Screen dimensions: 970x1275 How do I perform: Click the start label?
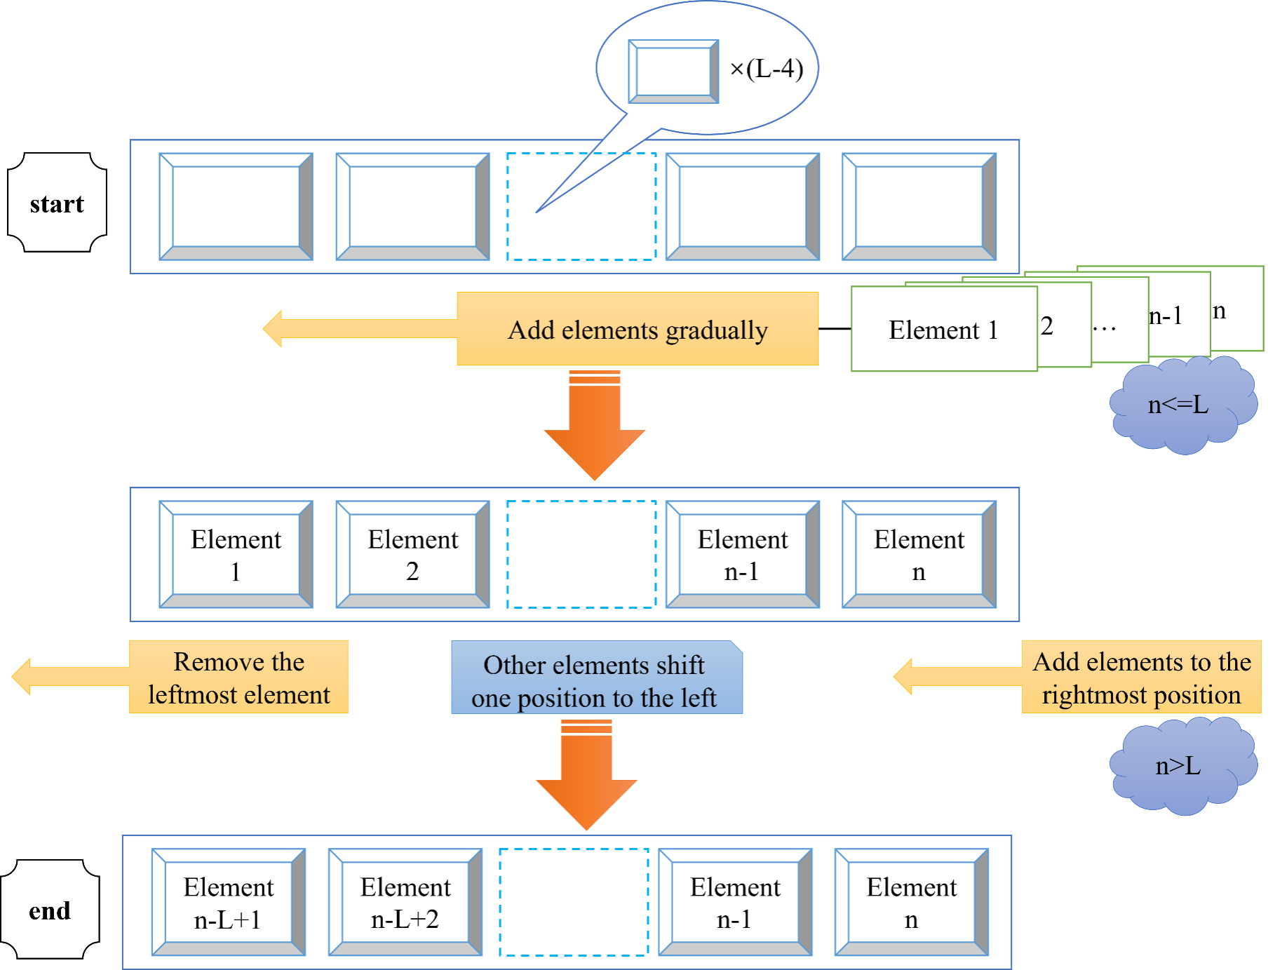point(57,203)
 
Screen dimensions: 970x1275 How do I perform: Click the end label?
point(50,910)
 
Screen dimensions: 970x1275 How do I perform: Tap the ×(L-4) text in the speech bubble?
point(767,69)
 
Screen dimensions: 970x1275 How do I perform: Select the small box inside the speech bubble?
point(673,72)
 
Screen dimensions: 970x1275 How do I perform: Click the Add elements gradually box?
point(637,329)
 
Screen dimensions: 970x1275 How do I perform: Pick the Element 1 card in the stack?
point(943,329)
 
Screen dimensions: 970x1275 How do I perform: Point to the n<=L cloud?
point(1179,405)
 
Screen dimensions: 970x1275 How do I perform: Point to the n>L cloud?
point(1179,765)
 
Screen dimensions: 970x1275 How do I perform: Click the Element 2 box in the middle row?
point(412,554)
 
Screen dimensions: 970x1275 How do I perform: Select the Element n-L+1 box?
point(229,902)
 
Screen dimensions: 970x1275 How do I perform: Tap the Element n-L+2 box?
point(405,902)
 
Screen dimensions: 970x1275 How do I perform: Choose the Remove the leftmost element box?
point(238,677)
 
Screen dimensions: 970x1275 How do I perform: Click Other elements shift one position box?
point(596,680)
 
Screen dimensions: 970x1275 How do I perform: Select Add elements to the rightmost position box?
point(1141,677)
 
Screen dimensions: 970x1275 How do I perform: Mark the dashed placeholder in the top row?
point(581,207)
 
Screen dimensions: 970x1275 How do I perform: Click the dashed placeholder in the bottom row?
point(574,902)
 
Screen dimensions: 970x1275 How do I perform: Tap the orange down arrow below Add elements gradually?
point(595,428)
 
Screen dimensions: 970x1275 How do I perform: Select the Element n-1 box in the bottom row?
point(735,902)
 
